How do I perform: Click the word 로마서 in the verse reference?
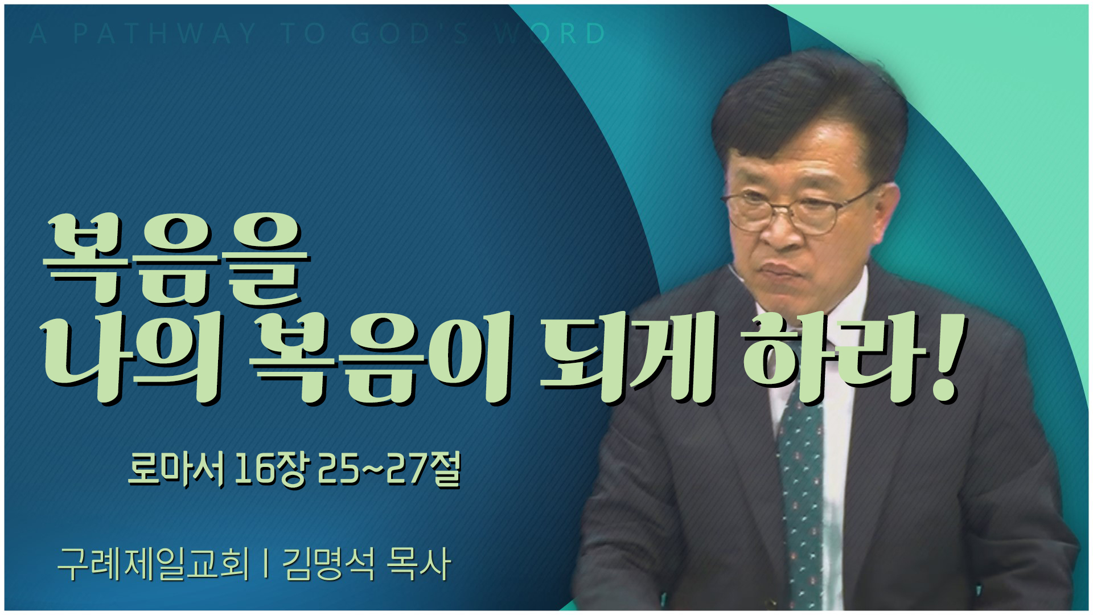click(x=176, y=470)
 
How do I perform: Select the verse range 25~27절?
click(x=389, y=470)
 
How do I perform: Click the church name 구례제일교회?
click(x=154, y=564)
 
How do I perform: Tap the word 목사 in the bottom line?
click(x=418, y=564)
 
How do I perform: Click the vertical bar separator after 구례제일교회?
click(x=266, y=564)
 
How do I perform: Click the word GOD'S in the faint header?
click(x=410, y=34)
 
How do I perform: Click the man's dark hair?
click(x=808, y=108)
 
